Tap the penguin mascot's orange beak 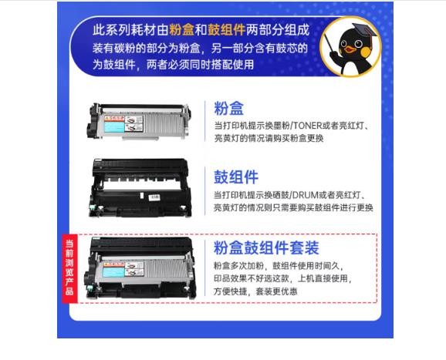pos(350,49)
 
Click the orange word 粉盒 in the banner pos(182,30)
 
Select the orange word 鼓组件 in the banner pos(226,30)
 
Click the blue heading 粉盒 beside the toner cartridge pos(228,108)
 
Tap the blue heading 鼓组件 pos(236,177)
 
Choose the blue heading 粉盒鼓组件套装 pos(266,247)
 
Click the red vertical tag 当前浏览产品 pos(69,267)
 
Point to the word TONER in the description pos(306,126)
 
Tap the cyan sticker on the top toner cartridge pos(114,127)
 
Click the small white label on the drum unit pos(154,197)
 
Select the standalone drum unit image pos(140,188)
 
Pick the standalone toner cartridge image pos(139,121)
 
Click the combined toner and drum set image pos(140,267)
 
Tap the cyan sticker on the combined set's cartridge pos(113,272)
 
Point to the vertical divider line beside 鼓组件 pos(204,191)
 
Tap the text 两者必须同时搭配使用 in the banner pos(200,65)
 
